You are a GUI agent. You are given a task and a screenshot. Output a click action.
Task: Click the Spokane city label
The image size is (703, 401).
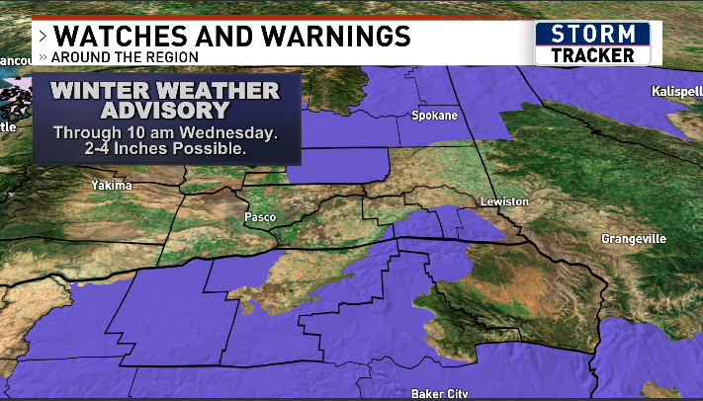point(435,116)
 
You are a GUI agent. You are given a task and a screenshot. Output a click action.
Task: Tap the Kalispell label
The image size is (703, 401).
point(675,91)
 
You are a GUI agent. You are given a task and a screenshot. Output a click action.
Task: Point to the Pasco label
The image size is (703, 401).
point(258,215)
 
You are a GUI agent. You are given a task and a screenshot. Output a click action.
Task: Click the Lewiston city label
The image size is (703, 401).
point(504,201)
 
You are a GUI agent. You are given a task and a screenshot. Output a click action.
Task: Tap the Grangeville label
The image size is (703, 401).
point(634,239)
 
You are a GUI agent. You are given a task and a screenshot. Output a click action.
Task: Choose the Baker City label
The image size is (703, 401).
point(439,394)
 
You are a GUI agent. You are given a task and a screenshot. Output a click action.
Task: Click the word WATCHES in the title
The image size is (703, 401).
point(118,36)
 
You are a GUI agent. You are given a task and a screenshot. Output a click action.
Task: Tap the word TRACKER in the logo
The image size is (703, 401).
point(592,55)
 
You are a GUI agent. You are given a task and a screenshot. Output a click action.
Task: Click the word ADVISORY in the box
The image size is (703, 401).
point(165,112)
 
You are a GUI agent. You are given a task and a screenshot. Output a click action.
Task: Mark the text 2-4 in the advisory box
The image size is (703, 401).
point(106,149)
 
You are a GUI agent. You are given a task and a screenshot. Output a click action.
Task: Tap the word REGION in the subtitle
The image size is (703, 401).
point(173,56)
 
